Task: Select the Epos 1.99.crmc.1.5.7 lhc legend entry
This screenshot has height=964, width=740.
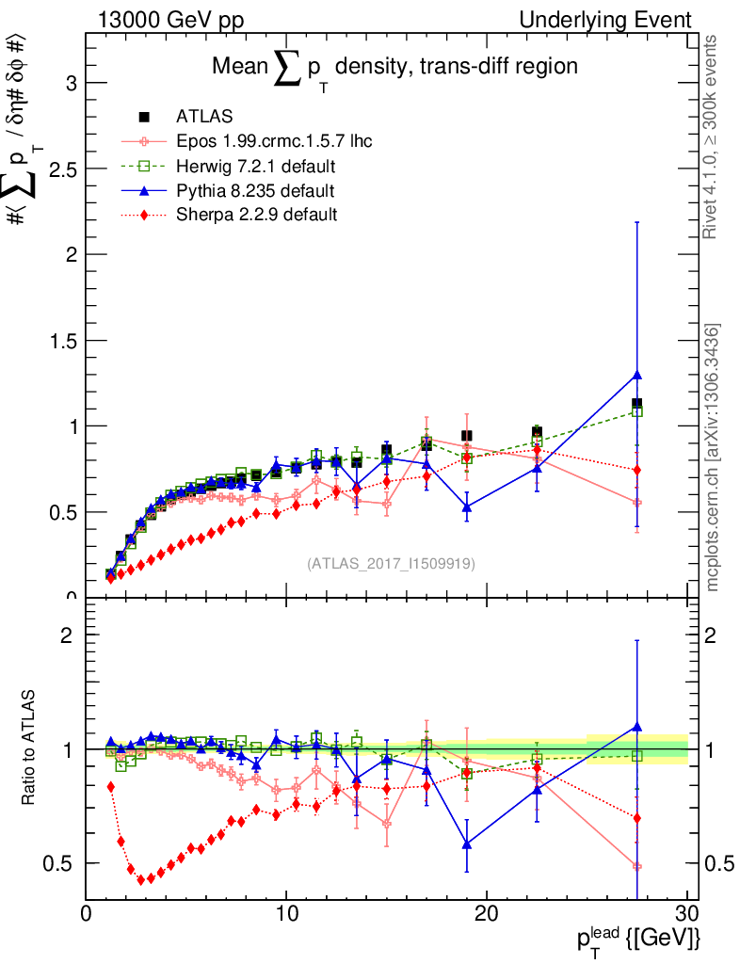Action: point(274,142)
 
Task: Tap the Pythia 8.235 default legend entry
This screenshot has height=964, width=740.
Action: point(255,191)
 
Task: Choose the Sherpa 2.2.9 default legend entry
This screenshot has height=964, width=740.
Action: point(256,215)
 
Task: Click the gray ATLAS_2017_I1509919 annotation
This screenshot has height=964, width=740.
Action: point(391,564)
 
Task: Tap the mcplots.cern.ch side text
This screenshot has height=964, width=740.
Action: point(714,458)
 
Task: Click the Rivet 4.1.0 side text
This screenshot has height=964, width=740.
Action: point(714,137)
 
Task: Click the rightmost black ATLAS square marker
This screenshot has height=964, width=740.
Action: point(637,404)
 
